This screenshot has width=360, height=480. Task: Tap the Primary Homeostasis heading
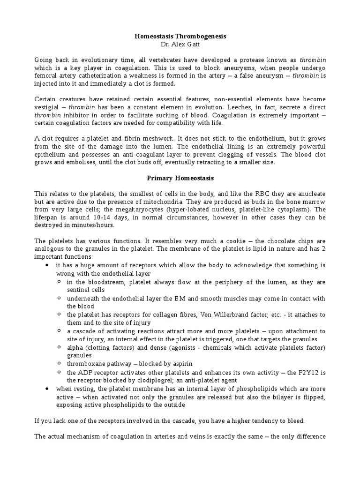(180, 178)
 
